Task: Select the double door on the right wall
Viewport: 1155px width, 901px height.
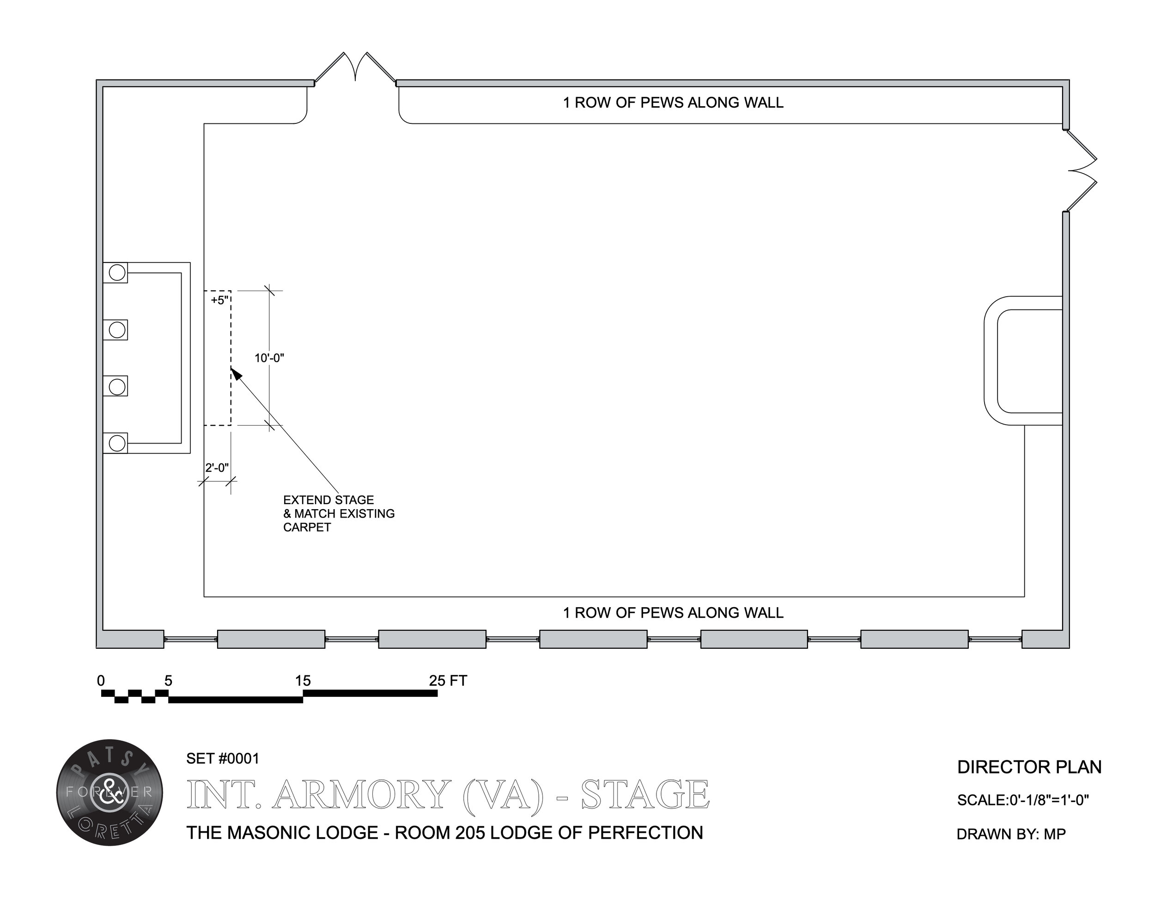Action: click(1081, 170)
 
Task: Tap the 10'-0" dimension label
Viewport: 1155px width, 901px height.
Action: click(269, 358)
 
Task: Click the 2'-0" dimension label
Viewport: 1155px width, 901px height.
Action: click(217, 468)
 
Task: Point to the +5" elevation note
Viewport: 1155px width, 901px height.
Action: click(219, 300)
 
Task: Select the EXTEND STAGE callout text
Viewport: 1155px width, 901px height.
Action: click(339, 513)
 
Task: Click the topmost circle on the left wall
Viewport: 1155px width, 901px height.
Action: click(117, 273)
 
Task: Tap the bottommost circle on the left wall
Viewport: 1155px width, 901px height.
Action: click(117, 443)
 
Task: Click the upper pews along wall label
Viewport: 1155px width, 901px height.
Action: click(673, 103)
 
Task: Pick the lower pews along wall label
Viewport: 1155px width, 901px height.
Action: click(673, 613)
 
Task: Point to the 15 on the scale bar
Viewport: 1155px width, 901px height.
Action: click(303, 681)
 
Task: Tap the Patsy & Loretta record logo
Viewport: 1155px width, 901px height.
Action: click(109, 792)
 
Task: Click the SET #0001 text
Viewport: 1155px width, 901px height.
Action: click(223, 759)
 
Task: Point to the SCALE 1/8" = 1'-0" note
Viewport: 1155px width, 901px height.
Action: click(1022, 800)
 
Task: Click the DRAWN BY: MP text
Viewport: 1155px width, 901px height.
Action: click(1011, 834)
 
